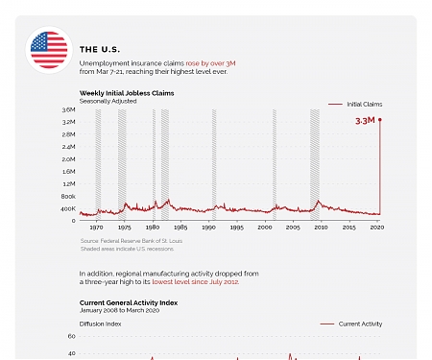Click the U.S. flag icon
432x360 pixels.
(49, 50)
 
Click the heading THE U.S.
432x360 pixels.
(99, 49)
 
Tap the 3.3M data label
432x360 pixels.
(364, 121)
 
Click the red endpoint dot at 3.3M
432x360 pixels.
(380, 120)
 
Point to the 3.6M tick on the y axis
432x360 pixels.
(68, 110)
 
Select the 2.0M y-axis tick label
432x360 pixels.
(68, 159)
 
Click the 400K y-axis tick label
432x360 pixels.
(68, 208)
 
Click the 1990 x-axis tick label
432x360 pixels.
(208, 228)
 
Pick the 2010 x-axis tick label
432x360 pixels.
(321, 228)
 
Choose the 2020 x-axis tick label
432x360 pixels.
(377, 228)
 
